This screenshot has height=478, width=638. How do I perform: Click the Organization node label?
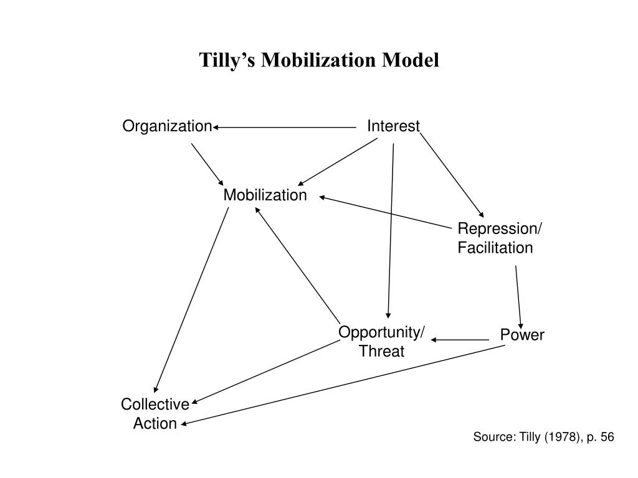[x=167, y=126]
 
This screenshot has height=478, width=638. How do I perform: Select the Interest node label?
[x=393, y=126]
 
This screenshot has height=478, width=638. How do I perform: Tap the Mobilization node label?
[x=265, y=195]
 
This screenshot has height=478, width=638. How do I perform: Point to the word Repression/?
[x=500, y=228]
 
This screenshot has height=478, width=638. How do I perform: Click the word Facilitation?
[x=495, y=248]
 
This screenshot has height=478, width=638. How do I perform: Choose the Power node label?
[x=522, y=335]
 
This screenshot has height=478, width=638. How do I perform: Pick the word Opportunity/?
[x=381, y=332]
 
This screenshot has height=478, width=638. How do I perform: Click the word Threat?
[x=382, y=351]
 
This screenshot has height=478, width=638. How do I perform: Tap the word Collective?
[x=155, y=405]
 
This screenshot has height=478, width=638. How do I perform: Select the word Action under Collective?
[x=155, y=423]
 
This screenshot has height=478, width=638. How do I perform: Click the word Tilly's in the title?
[x=227, y=60]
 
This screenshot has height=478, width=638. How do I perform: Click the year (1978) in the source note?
[x=563, y=437]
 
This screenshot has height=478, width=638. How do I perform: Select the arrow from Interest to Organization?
[x=284, y=127]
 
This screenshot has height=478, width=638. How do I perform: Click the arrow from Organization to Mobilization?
[x=207, y=164]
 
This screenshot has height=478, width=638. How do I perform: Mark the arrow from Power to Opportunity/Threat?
[x=460, y=340]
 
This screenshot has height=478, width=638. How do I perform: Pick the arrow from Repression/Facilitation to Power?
[x=518, y=298]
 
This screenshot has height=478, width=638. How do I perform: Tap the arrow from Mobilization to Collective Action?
[x=191, y=300]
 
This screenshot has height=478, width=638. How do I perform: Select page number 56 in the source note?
[x=607, y=437]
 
